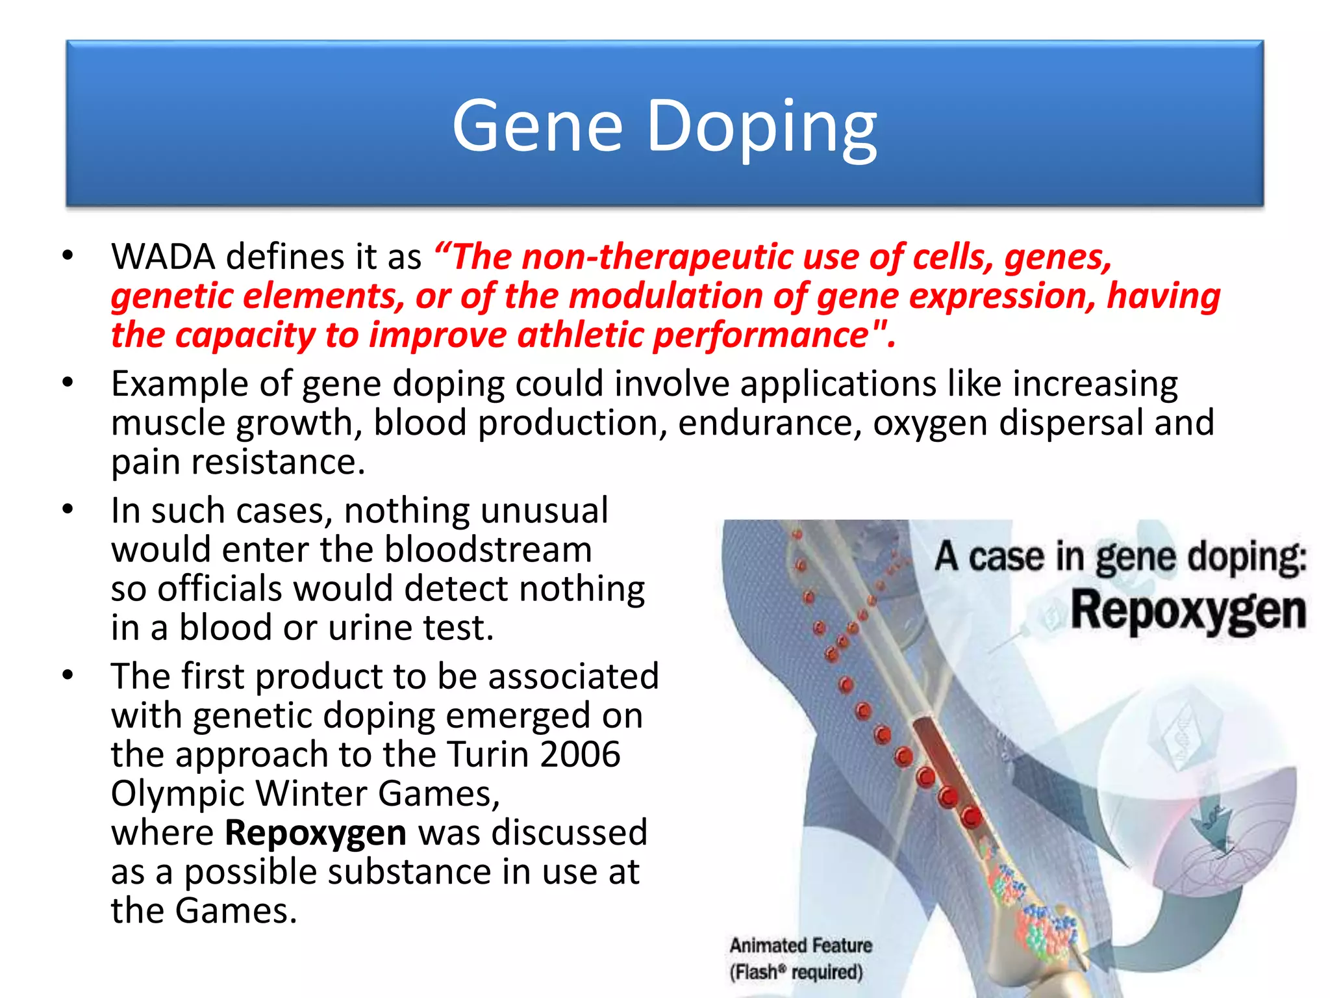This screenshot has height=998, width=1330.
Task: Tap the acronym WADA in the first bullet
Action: (163, 257)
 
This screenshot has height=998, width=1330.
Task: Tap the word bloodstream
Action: (488, 550)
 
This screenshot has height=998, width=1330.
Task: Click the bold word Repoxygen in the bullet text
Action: (316, 833)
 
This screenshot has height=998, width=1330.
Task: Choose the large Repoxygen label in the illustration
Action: (1188, 611)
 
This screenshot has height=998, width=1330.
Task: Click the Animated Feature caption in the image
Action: (801, 945)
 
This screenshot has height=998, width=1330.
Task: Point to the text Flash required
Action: (796, 973)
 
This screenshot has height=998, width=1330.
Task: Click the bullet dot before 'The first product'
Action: (68, 676)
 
